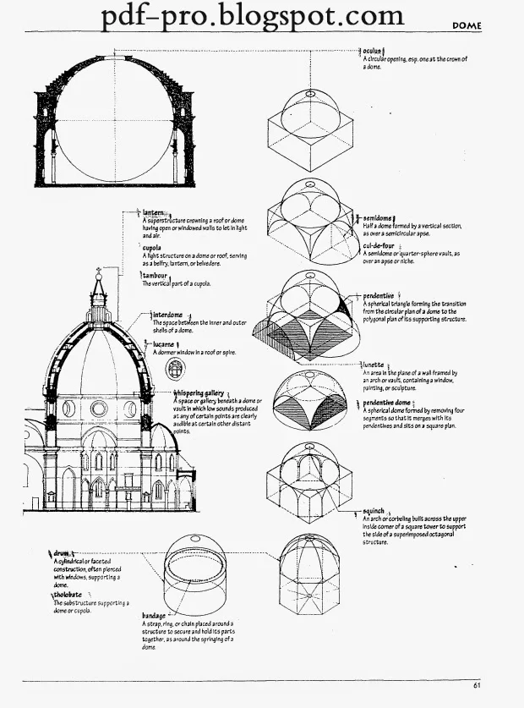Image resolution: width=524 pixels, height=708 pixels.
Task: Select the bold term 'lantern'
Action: (153, 213)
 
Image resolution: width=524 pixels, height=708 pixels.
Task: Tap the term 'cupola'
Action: (152, 248)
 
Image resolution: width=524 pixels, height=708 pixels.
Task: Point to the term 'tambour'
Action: (155, 275)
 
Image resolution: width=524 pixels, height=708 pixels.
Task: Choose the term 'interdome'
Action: (167, 315)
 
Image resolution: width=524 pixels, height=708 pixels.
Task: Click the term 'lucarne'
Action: (164, 344)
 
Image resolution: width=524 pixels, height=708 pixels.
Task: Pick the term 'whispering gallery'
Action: (199, 392)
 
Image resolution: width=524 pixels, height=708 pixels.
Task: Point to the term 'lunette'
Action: (373, 365)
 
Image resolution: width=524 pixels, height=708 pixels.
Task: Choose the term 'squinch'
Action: (374, 512)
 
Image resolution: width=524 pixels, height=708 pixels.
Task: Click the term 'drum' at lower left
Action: (61, 553)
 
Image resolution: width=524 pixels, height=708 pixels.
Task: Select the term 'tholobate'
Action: (67, 595)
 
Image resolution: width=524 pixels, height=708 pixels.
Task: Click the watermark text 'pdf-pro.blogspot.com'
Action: (253, 16)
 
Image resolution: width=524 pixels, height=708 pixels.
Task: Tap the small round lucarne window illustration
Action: (175, 369)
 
